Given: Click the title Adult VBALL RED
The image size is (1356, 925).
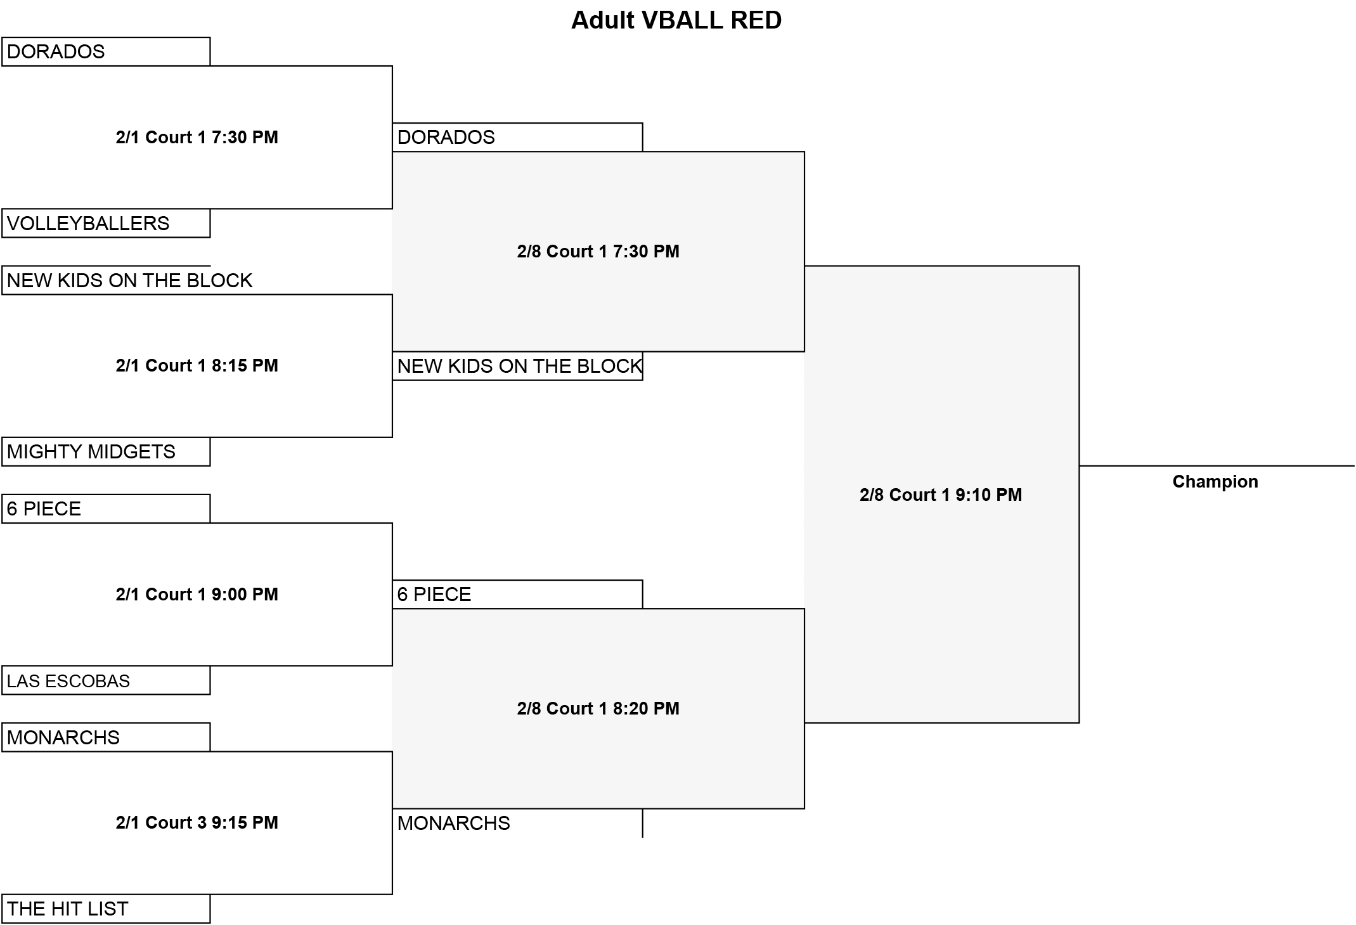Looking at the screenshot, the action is [x=676, y=20].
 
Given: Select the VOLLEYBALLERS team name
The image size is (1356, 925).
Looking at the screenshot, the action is [x=88, y=223].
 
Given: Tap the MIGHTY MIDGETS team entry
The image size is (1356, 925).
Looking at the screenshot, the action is [x=91, y=451].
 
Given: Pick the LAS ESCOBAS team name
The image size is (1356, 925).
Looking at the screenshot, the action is [x=68, y=681].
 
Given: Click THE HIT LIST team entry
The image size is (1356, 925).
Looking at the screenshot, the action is [x=68, y=909].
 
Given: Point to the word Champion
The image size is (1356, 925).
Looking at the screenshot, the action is [x=1215, y=482].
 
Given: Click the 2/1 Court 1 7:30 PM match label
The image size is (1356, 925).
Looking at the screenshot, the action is [x=197, y=137].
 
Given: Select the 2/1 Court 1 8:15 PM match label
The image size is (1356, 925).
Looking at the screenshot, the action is [x=197, y=365].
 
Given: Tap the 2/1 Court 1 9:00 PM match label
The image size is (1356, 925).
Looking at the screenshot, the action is [x=197, y=594].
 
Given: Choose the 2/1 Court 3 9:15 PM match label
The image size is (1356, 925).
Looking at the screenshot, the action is [x=197, y=822].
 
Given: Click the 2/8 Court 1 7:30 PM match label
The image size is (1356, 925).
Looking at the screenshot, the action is [x=598, y=251].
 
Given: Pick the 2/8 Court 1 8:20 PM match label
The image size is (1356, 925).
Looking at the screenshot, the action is [x=598, y=708].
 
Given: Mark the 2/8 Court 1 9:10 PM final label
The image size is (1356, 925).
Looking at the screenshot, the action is [x=941, y=495].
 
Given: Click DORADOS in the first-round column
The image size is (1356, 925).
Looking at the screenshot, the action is [x=56, y=51].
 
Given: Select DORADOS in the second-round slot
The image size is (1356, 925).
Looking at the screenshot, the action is [x=446, y=137].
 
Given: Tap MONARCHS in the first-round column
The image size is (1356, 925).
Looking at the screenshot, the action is [x=63, y=737].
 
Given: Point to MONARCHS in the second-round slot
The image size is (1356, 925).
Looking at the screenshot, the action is [x=454, y=823].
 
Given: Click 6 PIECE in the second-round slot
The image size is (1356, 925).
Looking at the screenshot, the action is [x=434, y=594].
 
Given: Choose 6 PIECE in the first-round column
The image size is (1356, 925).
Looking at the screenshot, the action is [x=44, y=508].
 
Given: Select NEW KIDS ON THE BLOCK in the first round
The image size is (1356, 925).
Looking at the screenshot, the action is [x=129, y=280].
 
